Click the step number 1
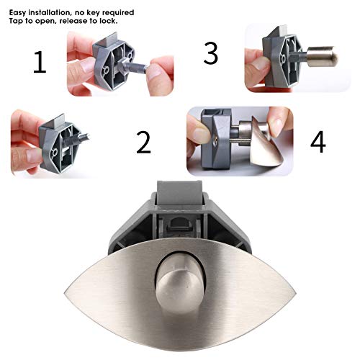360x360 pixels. click(40, 63)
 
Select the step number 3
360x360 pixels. click(211, 53)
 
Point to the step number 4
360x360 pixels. click(318, 141)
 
